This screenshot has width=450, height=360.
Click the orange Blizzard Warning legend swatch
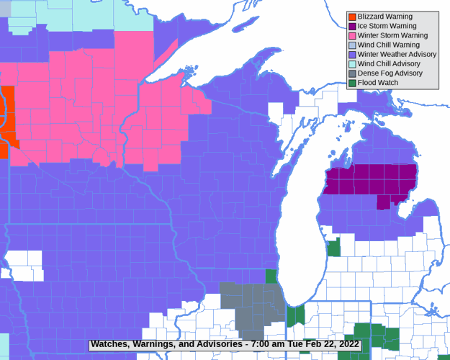click(x=352, y=17)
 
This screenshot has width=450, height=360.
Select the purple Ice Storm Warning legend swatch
click(x=352, y=26)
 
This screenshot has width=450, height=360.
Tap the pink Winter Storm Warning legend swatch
click(x=352, y=35)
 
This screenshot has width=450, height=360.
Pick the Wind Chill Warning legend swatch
click(x=352, y=45)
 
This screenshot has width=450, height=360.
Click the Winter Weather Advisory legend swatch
click(x=352, y=54)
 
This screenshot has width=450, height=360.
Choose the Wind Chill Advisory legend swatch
click(x=352, y=63)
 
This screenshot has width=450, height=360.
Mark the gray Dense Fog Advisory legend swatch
click(x=352, y=73)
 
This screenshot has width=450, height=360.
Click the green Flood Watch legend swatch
click(x=352, y=83)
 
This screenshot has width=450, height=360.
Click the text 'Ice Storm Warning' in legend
click(x=387, y=26)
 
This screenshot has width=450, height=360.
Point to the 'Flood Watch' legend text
click(x=378, y=83)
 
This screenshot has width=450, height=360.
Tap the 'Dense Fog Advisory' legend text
click(x=390, y=73)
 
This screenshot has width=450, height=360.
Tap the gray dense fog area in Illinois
click(x=248, y=302)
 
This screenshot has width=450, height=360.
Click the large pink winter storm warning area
click(x=86, y=108)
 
